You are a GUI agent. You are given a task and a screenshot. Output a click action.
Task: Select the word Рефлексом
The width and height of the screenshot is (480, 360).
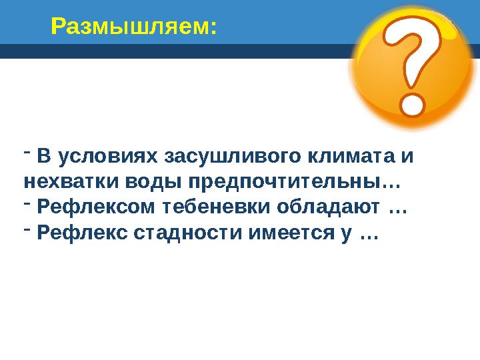(x=98, y=207)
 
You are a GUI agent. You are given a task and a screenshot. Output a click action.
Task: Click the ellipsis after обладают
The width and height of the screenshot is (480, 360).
(x=397, y=209)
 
